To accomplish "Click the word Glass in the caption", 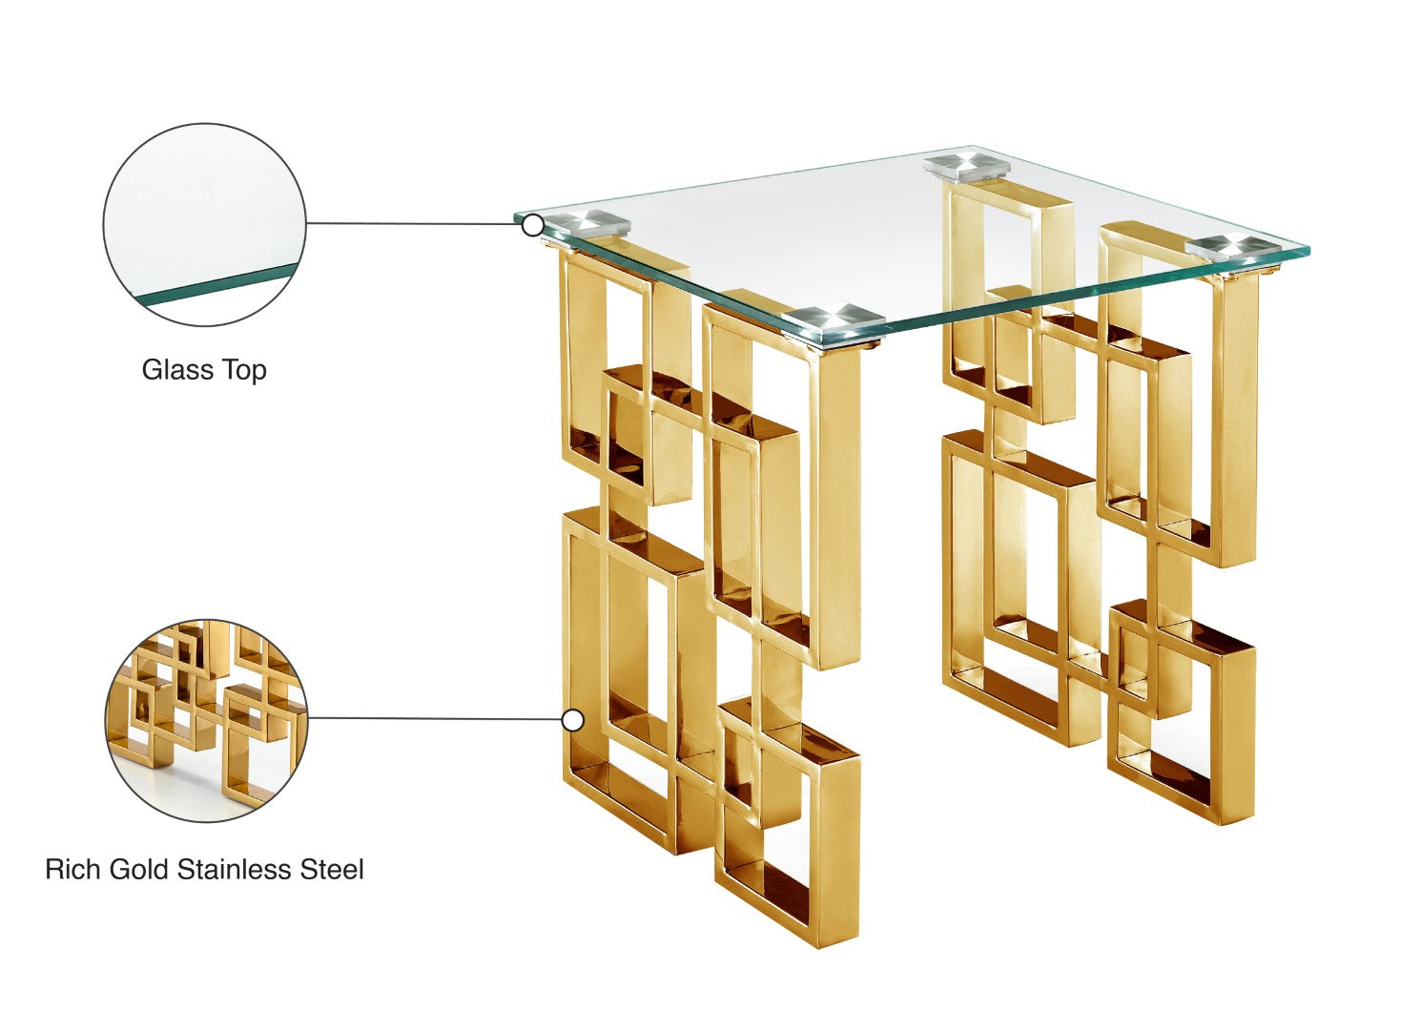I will (x=176, y=370).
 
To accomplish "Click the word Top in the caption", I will (x=244, y=371).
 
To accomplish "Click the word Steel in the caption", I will (x=332, y=870).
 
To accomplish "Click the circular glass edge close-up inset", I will (x=204, y=224).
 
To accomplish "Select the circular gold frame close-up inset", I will (x=206, y=721).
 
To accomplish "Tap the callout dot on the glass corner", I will (x=533, y=225).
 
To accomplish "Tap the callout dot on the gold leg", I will (x=572, y=721).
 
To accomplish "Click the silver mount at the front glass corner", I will (x=835, y=321).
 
